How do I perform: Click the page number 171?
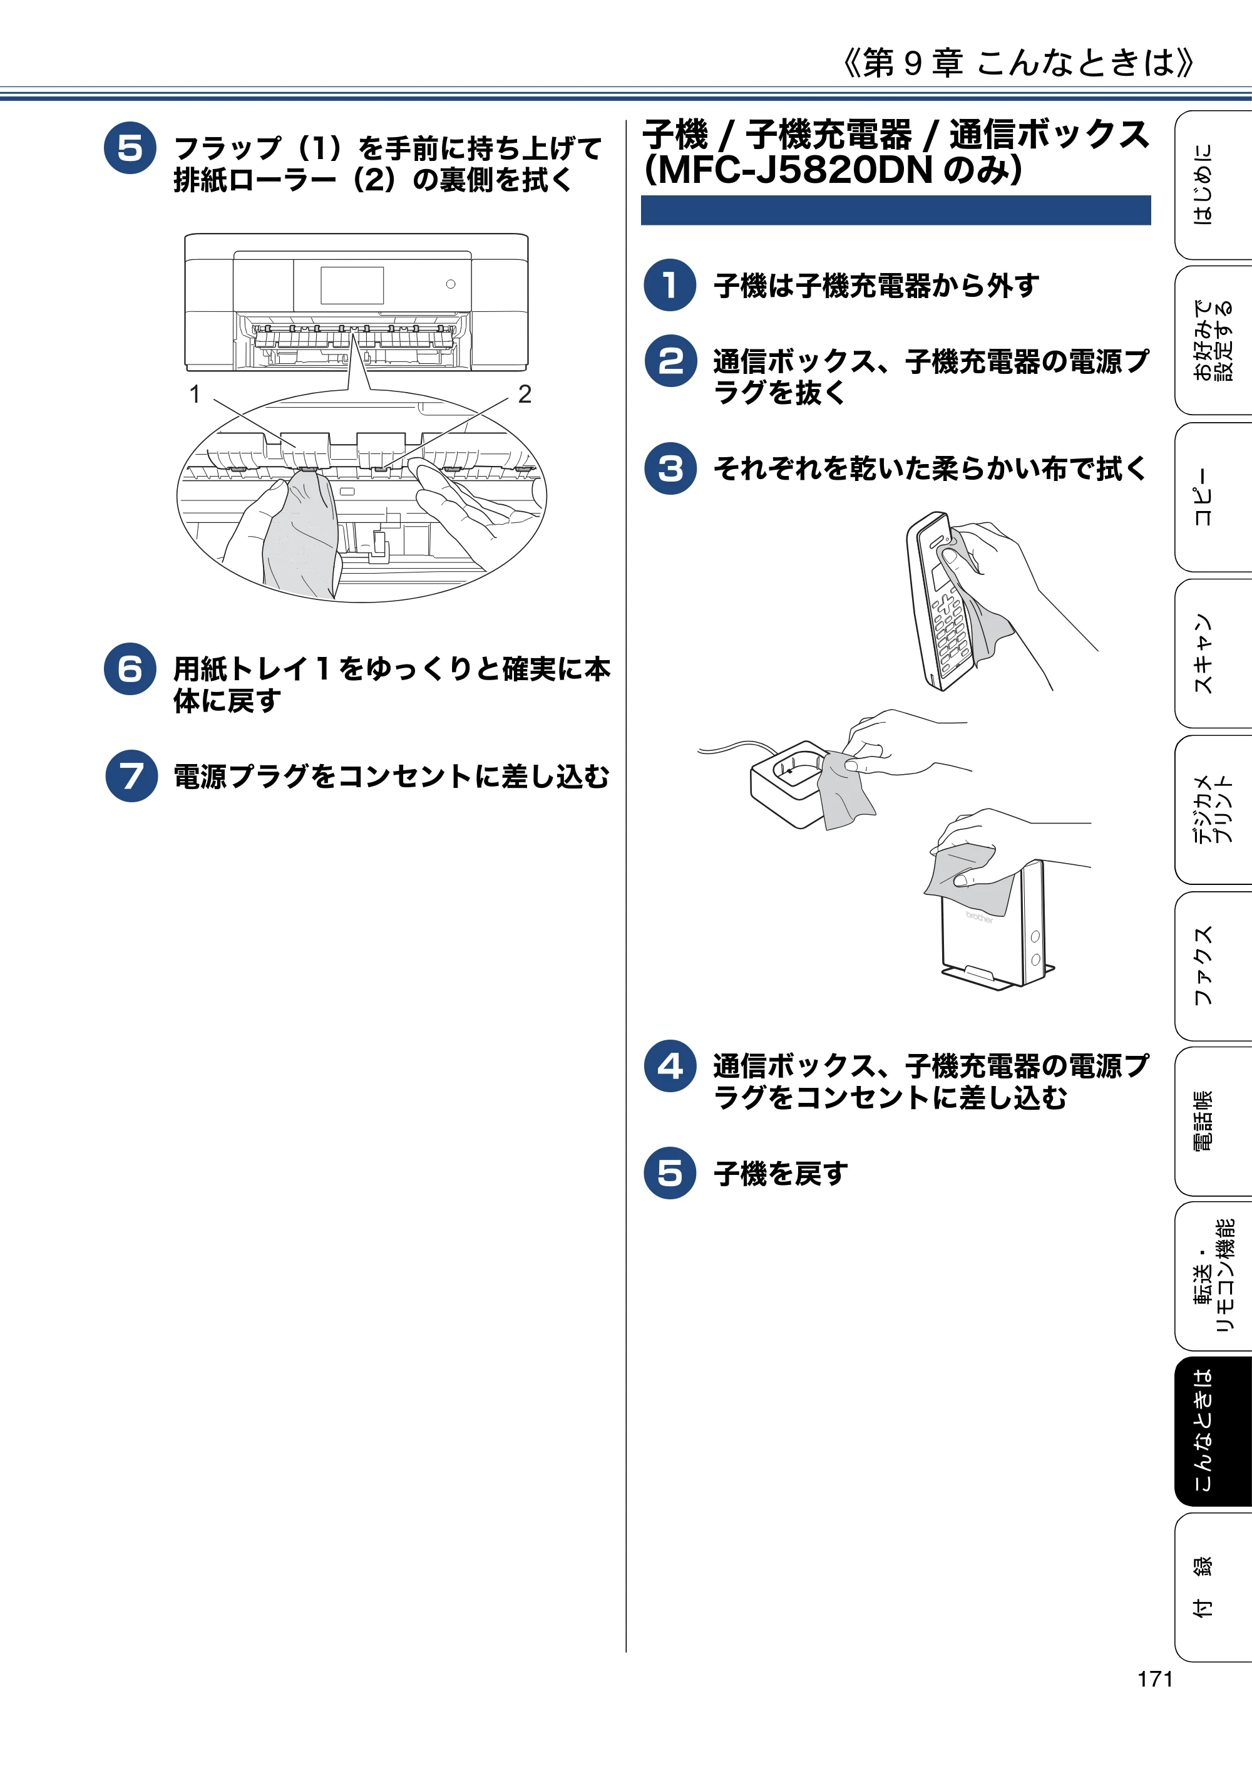tap(1155, 1679)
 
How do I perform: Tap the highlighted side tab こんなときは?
tap(1213, 1431)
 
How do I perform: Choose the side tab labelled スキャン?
tap(1213, 653)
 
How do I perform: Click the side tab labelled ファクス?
tap(1213, 965)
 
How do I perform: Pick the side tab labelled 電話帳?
tap(1213, 1121)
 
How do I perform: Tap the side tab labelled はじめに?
tap(1213, 185)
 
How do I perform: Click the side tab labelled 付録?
tap(1213, 1588)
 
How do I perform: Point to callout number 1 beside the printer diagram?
tap(195, 394)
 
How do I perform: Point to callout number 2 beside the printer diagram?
tap(525, 394)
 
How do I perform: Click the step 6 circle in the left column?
tap(130, 669)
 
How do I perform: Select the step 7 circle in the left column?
tap(131, 776)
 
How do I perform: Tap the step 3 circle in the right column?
tap(670, 468)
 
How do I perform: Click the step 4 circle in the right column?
tap(670, 1066)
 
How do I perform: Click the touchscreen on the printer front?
tap(352, 285)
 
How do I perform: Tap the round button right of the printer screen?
tap(451, 284)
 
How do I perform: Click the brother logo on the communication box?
tap(980, 917)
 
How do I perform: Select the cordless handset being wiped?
tap(942, 601)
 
